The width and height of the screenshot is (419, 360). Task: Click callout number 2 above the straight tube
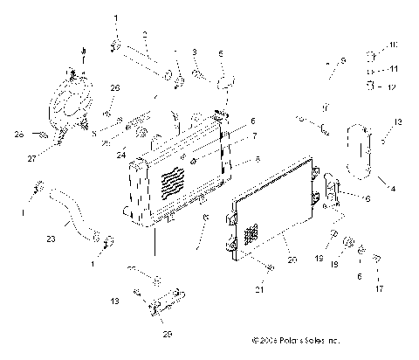click(146, 34)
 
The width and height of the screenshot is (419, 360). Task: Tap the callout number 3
click(195, 52)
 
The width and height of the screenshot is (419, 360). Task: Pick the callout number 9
click(343, 60)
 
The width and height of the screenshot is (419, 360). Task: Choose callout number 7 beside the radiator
click(254, 135)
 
